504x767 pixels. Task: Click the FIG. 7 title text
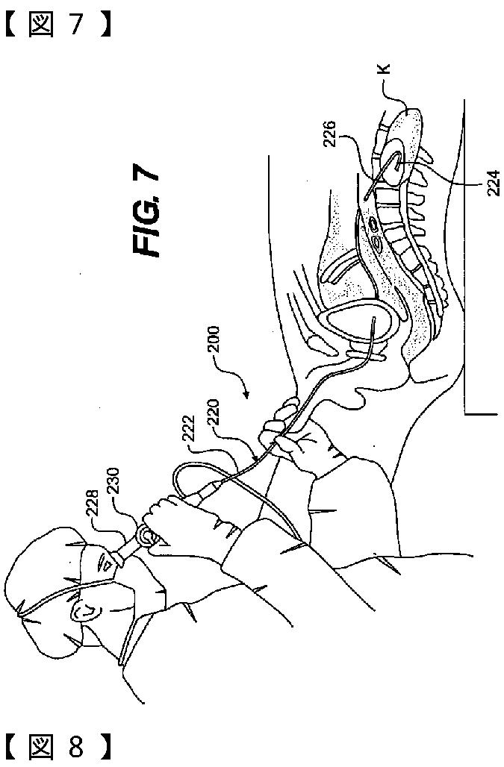click(146, 213)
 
